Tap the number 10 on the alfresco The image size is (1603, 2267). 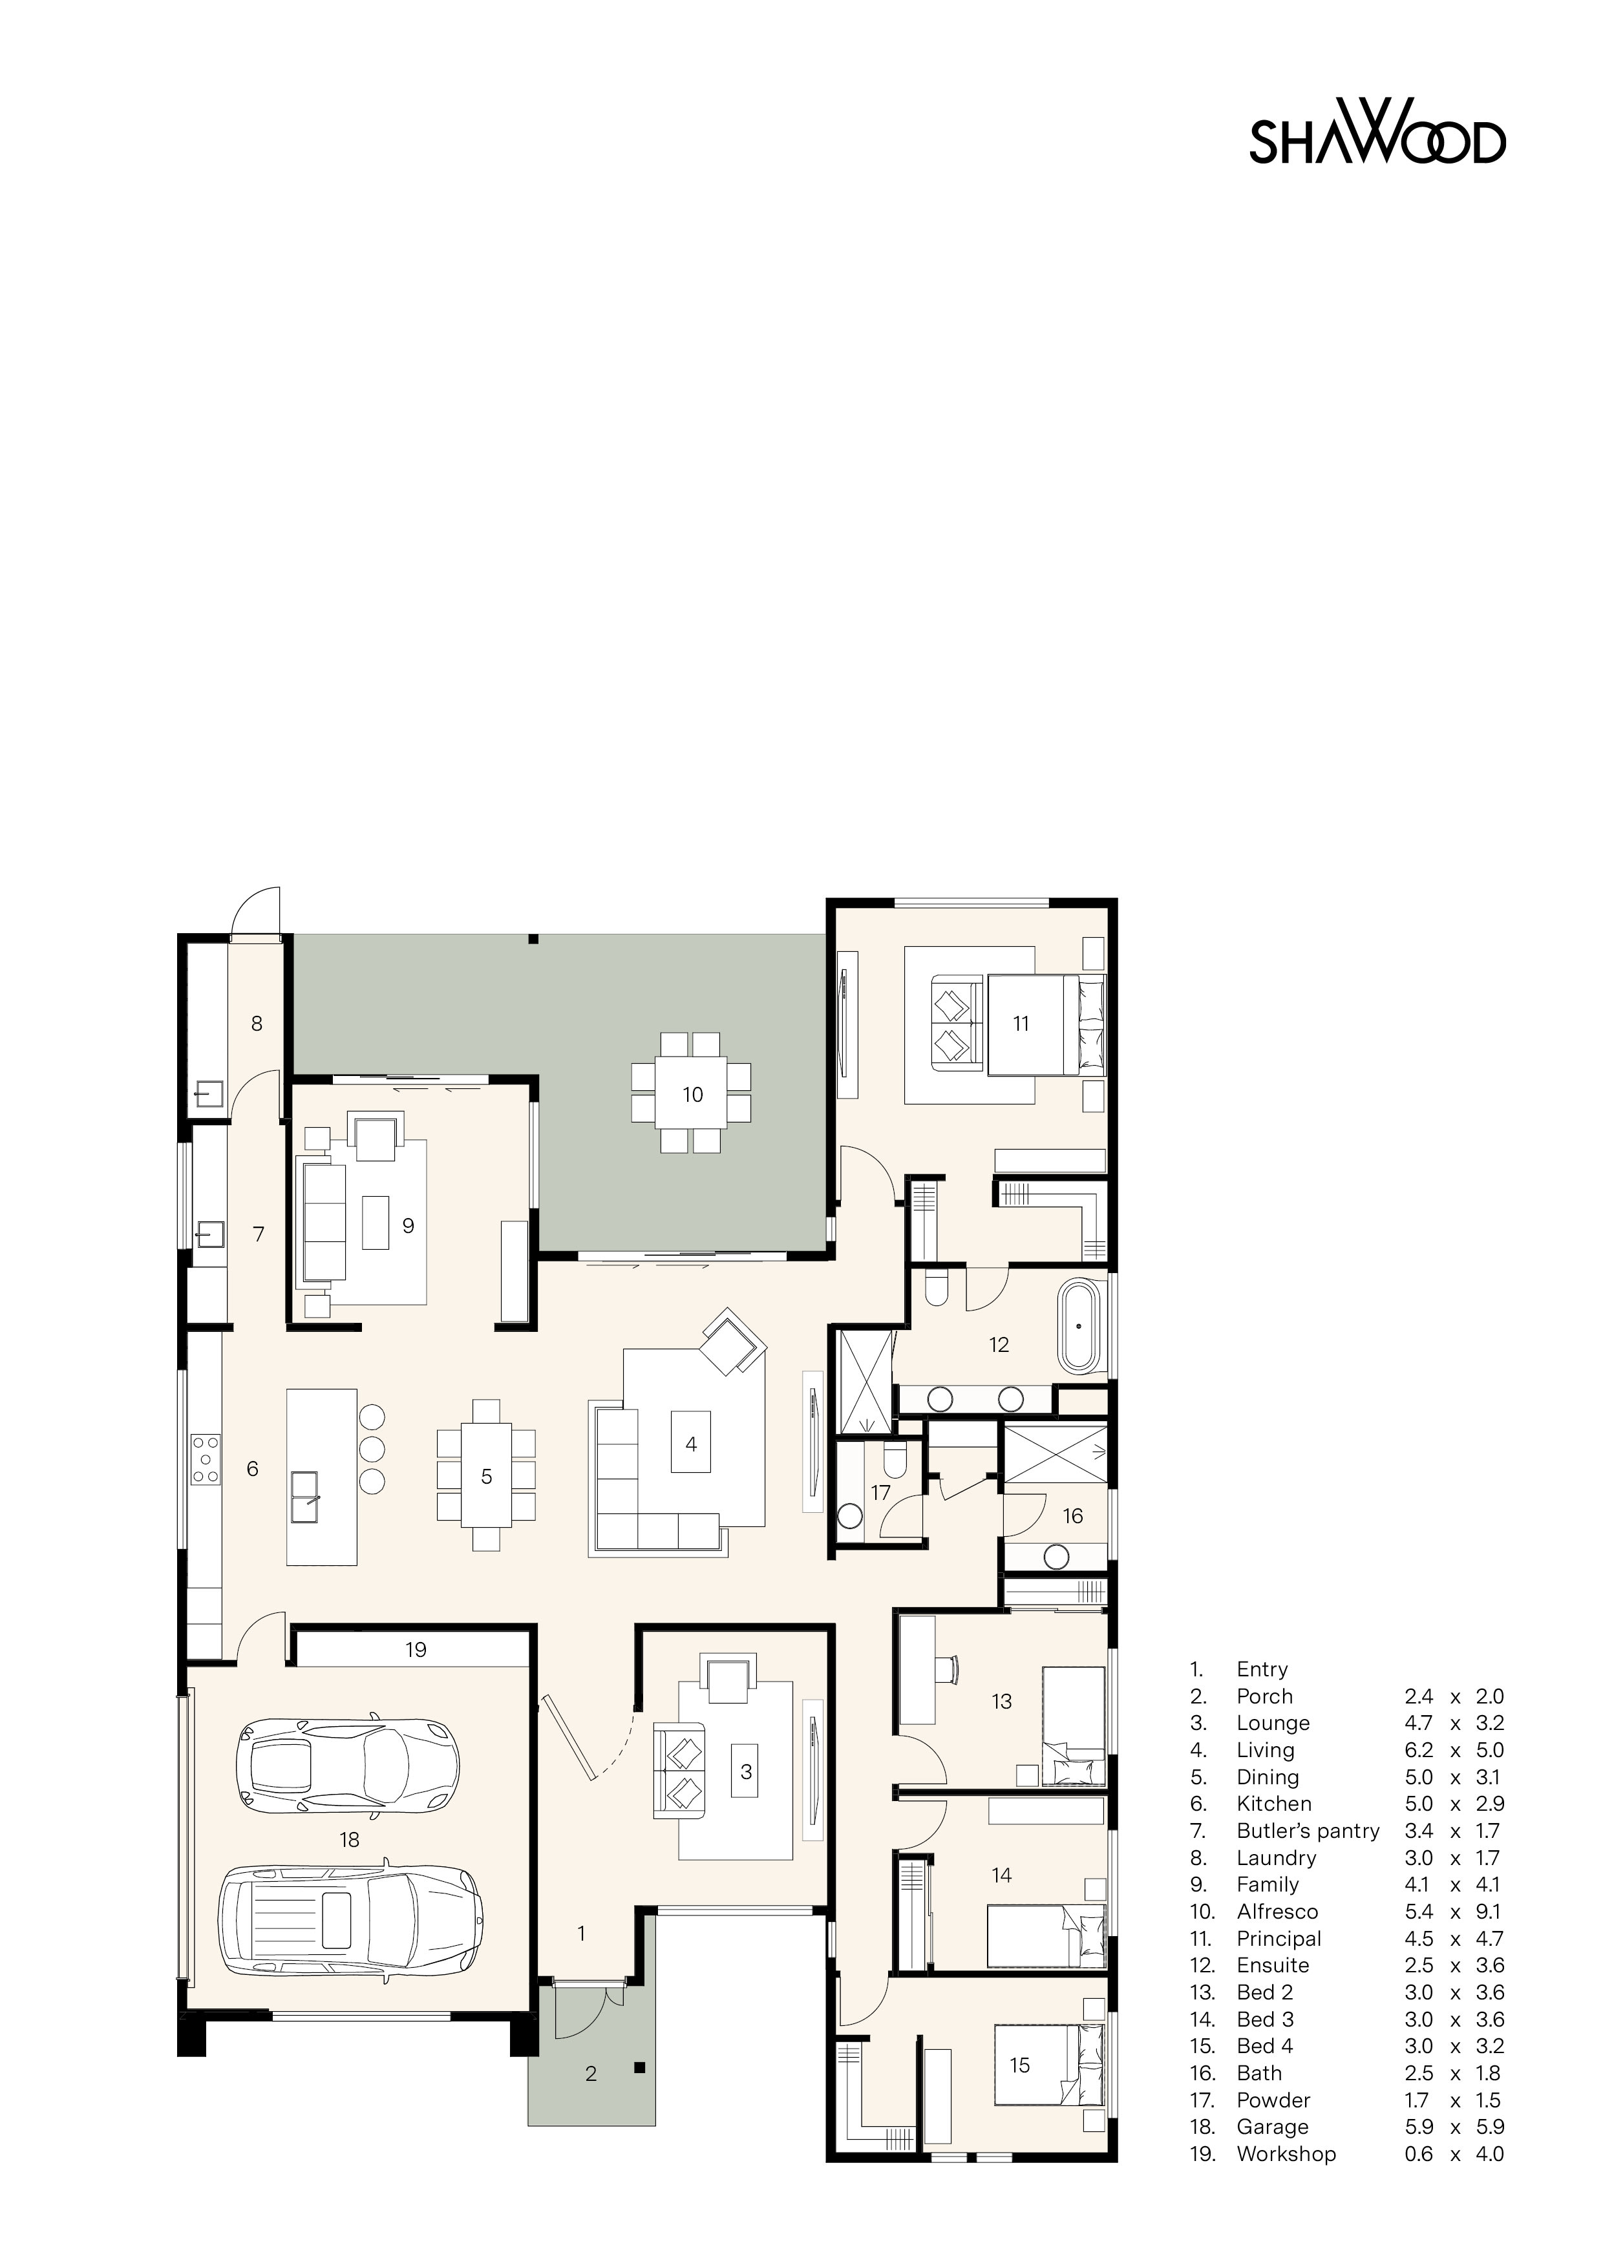692,1094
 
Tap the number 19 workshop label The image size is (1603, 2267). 416,1650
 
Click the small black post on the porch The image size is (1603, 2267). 640,2065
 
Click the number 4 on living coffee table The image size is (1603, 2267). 692,1444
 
